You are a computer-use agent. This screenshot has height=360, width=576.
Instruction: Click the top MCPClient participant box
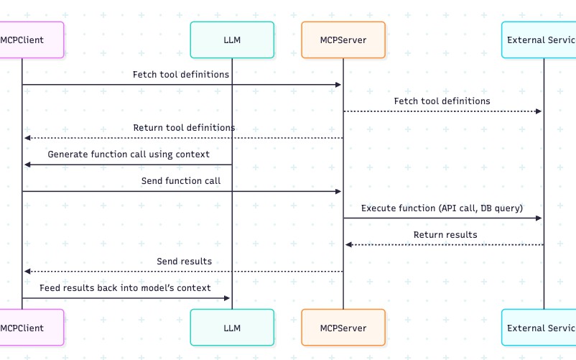pos(29,40)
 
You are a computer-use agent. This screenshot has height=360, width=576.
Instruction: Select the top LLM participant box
pos(232,40)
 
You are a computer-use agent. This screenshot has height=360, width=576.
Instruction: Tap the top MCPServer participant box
pos(343,40)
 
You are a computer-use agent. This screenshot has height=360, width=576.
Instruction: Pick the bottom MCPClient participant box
pos(29,328)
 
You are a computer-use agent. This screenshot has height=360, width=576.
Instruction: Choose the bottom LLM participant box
pos(232,328)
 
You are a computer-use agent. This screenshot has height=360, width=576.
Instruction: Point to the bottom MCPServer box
pos(343,328)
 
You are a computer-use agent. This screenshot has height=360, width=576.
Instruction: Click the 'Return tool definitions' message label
pos(184,128)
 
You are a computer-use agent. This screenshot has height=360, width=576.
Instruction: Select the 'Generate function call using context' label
pos(129,154)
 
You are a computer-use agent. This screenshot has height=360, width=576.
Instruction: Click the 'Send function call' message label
pos(181,181)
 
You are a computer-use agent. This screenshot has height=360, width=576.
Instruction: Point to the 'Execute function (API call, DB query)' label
pos(442,208)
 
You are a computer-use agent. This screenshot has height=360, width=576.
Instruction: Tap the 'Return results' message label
pos(445,234)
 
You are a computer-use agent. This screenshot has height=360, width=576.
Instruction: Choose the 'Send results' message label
pos(184,261)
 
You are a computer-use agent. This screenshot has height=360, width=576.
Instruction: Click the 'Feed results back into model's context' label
pos(125,287)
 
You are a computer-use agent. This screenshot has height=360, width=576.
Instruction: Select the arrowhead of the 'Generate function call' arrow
pos(27,165)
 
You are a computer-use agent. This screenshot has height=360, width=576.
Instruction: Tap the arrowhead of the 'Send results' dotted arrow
pos(27,271)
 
